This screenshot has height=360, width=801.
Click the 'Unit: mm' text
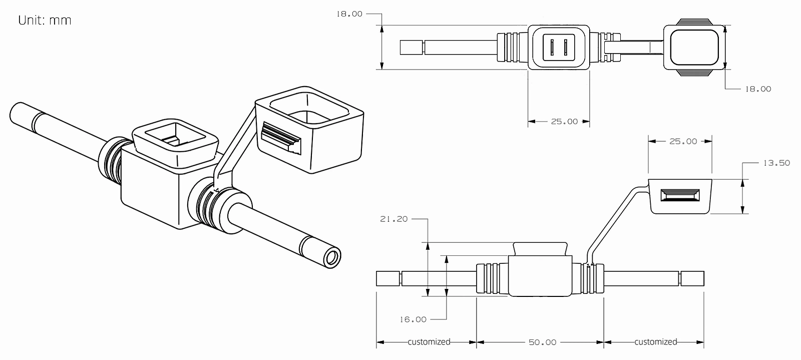45,21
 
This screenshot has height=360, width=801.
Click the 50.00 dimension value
542,342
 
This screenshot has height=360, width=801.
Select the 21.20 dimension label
394,219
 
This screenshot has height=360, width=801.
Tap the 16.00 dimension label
413,319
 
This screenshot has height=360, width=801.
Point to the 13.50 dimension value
776,163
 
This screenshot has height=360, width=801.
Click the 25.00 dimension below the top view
564,121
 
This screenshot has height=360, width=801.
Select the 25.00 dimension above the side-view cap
683,141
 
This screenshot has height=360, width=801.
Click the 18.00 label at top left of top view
349,14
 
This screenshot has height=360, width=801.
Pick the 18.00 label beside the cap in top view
758,89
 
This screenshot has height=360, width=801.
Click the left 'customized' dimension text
429,342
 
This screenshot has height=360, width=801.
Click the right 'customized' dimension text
655,342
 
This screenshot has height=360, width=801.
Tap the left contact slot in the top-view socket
551,48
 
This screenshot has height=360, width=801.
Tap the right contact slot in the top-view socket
566,48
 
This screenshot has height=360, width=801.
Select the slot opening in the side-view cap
679,196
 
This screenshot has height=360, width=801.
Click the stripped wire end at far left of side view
388,278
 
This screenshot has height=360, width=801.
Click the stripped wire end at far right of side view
692,278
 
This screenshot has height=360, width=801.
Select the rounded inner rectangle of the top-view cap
694,47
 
